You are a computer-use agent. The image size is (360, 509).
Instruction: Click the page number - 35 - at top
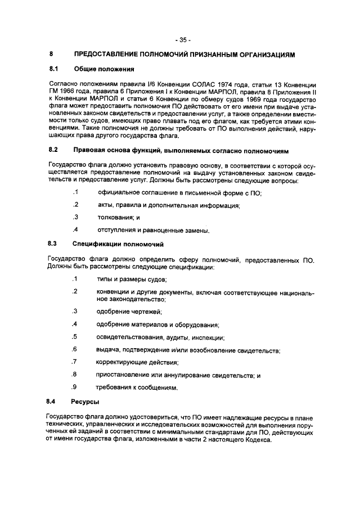[x=182, y=40]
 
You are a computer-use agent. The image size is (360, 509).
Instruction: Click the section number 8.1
[x=54, y=69]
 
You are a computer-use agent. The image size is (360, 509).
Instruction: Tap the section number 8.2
[x=54, y=151]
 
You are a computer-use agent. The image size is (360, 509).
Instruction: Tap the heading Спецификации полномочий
[x=118, y=245]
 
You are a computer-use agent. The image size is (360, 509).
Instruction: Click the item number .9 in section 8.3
[x=74, y=388]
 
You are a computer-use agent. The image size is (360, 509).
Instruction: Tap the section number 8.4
[x=54, y=403]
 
